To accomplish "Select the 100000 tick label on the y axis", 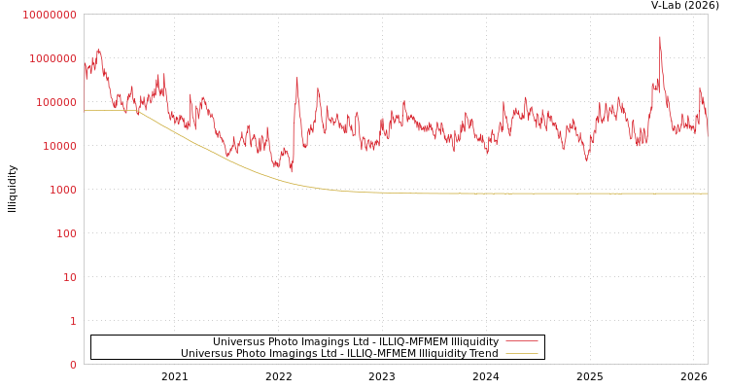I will click(x=55, y=102).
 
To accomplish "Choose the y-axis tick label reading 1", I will click(x=72, y=321).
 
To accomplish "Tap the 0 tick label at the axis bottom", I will click(x=72, y=365).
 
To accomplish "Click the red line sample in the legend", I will click(x=522, y=342).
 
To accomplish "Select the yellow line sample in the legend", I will click(x=522, y=354).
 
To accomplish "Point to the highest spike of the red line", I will click(x=660, y=38).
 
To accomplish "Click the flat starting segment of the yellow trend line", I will click(x=107, y=110).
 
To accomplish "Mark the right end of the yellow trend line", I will click(x=707, y=194).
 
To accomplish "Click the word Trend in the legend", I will click(x=483, y=354).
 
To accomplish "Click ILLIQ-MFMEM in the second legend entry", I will click(x=380, y=354).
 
